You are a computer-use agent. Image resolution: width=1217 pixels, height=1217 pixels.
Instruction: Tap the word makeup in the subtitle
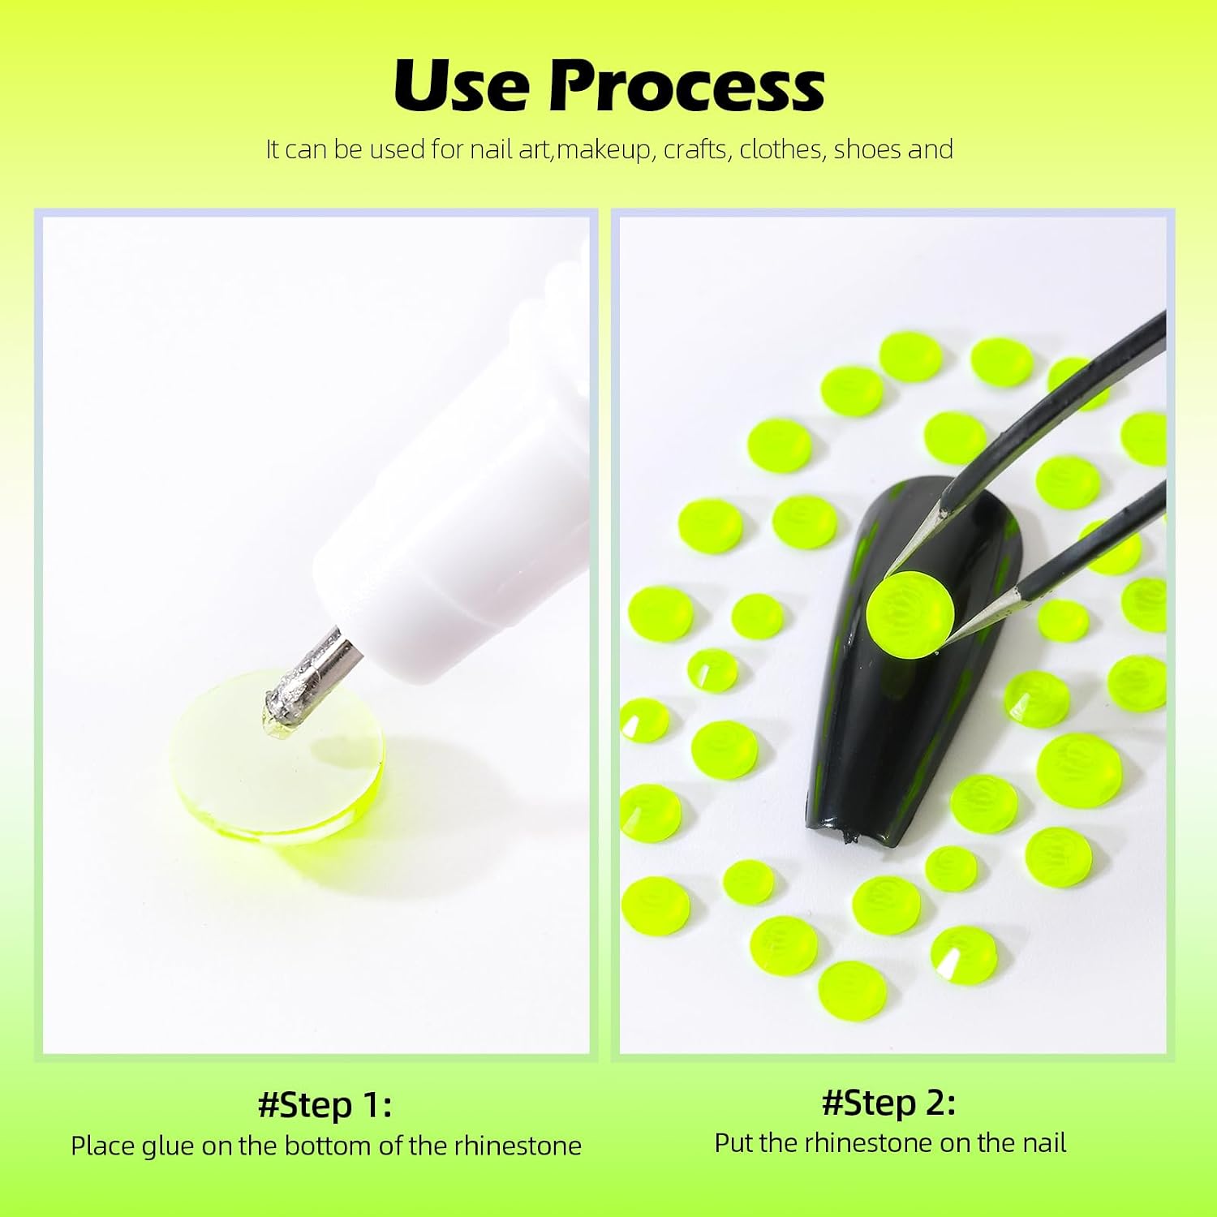605,151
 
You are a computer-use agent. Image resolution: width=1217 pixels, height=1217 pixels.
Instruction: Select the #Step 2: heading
889,1103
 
